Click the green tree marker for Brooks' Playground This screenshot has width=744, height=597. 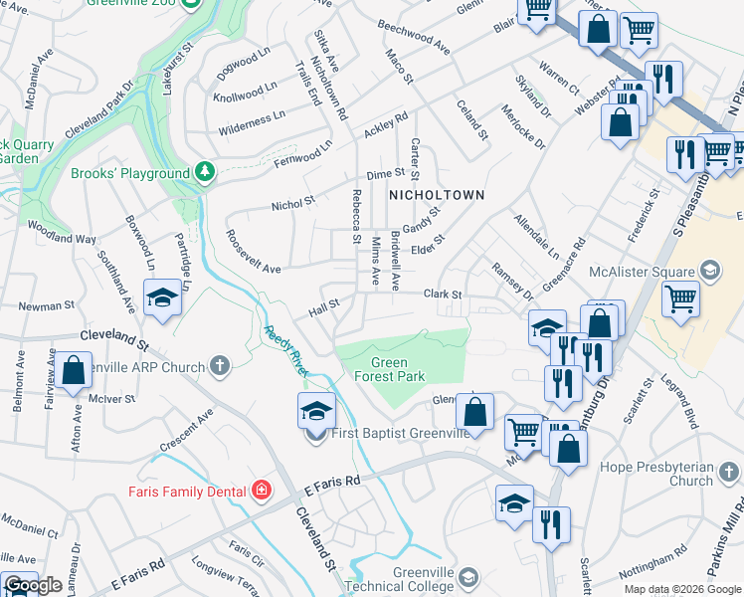coord(205,173)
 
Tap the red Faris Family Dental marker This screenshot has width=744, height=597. coord(262,490)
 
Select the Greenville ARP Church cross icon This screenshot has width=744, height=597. coord(220,367)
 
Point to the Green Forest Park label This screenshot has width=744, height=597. coord(390,369)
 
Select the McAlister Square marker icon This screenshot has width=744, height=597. coord(711,270)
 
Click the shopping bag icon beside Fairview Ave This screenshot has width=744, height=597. coord(74,369)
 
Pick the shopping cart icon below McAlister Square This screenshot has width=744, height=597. coord(680,298)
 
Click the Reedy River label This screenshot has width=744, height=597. coord(283,350)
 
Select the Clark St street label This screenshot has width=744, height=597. coord(443,295)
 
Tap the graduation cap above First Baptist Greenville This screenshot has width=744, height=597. coord(315,409)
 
